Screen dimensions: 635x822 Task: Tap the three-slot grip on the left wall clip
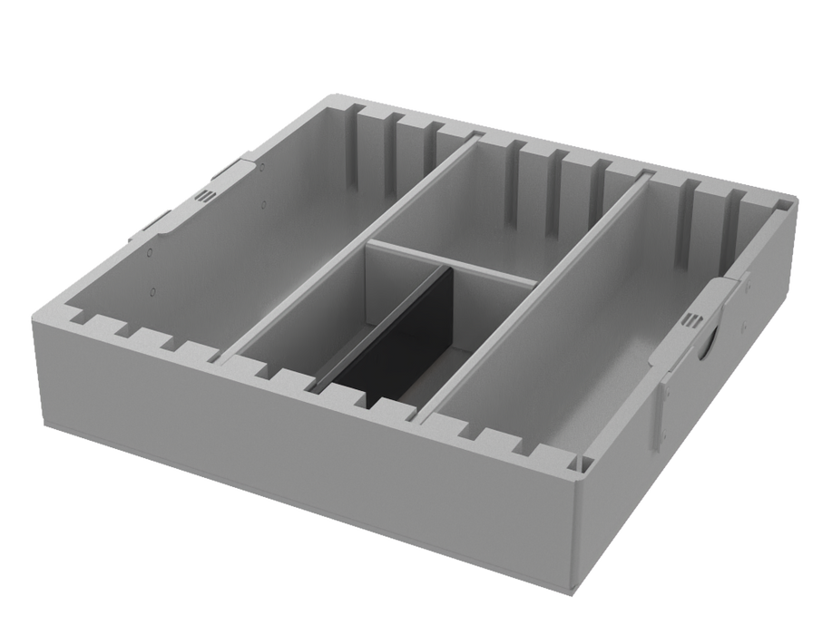[205, 196]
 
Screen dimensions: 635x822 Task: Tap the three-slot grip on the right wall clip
[694, 320]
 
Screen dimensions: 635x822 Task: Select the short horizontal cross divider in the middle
[454, 260]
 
